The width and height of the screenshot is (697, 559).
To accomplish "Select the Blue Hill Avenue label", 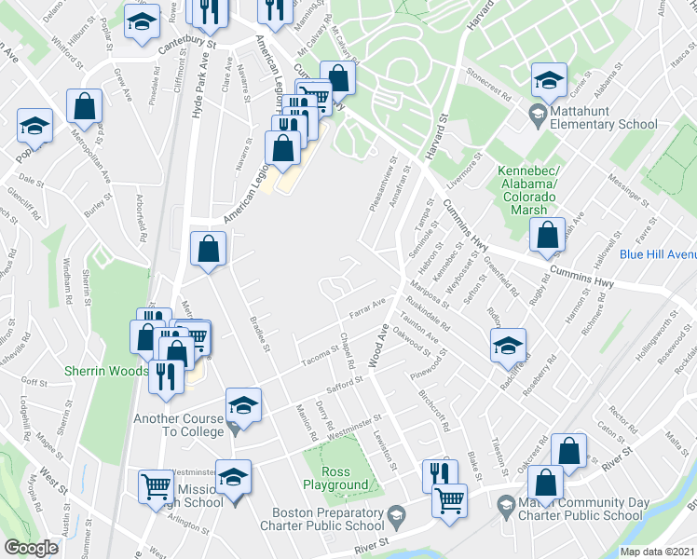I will pos(657,253).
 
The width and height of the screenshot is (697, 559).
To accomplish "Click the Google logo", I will pos(31,548).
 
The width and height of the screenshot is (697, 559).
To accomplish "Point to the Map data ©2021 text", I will pos(658,552).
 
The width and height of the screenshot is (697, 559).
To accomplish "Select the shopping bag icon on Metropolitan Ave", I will pos(84,108).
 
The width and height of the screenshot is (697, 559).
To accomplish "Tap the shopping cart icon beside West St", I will pos(155,485).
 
